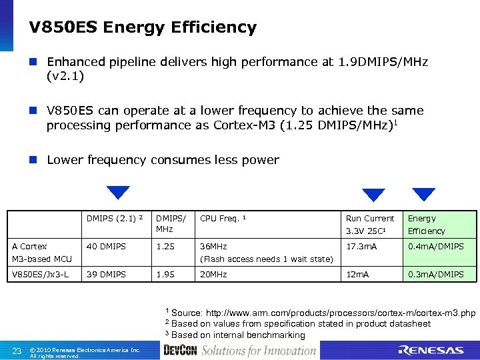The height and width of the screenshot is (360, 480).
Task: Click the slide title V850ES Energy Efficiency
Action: point(143,27)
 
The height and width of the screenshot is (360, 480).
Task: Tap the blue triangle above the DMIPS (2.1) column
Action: point(118,193)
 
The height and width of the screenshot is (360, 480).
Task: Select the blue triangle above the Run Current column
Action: point(373,195)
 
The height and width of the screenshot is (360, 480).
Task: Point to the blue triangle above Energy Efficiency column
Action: point(423,194)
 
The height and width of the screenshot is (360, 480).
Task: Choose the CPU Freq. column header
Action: point(223,218)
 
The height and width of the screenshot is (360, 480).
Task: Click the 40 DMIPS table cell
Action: point(106,247)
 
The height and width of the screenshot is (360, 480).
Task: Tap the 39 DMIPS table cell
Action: point(106,275)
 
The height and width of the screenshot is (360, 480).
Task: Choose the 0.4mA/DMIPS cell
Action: point(436,247)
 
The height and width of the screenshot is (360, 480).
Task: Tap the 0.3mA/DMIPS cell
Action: point(436,275)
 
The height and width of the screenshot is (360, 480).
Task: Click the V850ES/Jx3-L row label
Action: point(40,275)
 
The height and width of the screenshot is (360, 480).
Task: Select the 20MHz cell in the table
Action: point(213,275)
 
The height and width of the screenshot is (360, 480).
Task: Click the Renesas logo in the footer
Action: point(430,350)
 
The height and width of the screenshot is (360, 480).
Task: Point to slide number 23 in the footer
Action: point(17,351)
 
